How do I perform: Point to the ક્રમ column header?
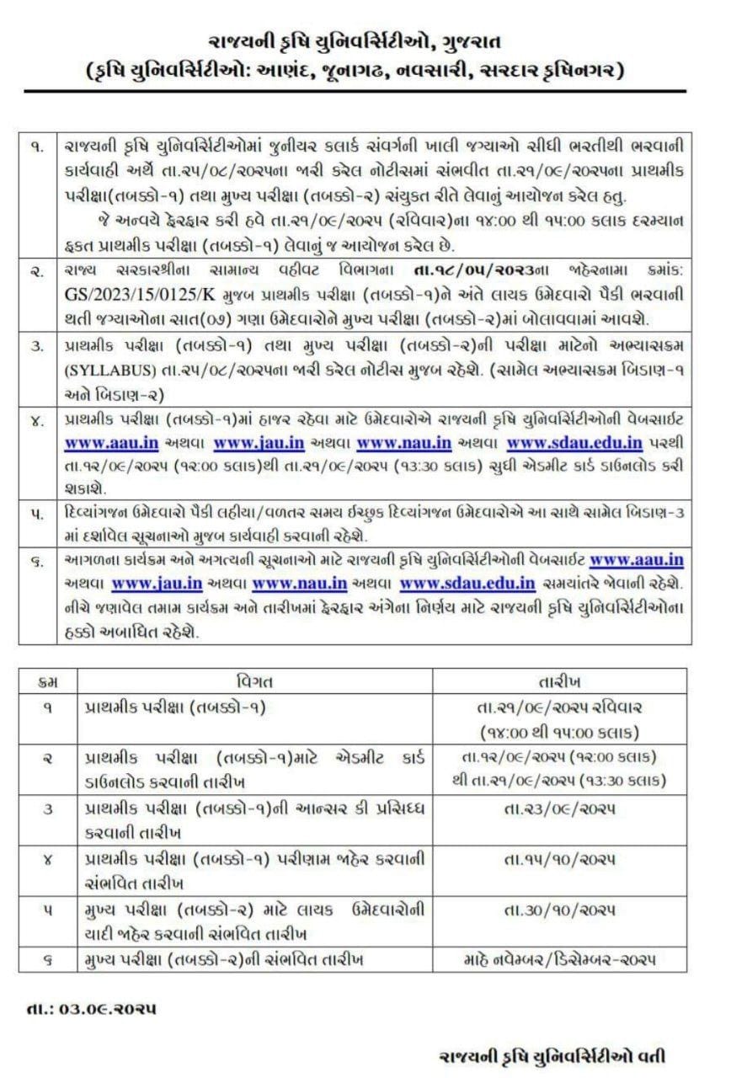tap(48, 682)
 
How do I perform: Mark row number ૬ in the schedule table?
tap(48, 960)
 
